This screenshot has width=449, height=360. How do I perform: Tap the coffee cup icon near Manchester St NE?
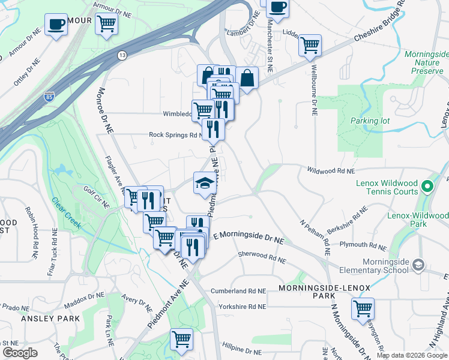277,7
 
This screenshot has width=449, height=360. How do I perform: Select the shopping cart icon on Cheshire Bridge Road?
310,45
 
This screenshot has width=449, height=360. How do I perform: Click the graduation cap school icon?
205,182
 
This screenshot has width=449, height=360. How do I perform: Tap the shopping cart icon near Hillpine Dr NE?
181,338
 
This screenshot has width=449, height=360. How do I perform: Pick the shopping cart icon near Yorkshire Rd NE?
363,308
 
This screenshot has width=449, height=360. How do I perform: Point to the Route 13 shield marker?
122,55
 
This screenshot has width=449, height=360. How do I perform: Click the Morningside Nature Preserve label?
423,62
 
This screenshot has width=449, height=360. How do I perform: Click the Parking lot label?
370,121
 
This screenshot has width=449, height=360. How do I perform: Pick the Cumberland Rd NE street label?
238,291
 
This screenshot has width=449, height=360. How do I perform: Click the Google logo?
20,353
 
